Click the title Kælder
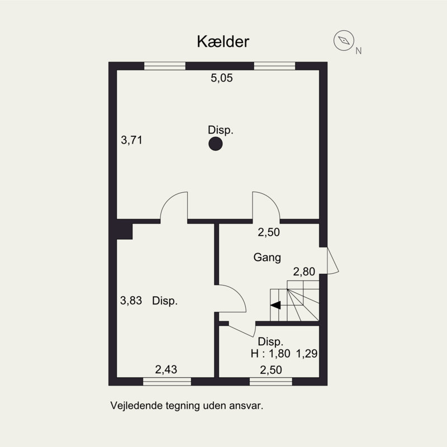(222, 41)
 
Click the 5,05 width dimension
(221, 79)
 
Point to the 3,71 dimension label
(132, 141)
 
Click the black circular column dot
(215, 145)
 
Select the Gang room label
(267, 258)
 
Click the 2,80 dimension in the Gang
(305, 272)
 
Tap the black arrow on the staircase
(275, 305)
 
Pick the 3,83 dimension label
(132, 301)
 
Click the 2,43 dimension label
(166, 369)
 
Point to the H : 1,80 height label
(270, 353)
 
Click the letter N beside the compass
(358, 51)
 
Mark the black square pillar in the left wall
(124, 231)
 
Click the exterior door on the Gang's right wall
(331, 260)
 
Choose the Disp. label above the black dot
(221, 130)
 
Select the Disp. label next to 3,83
(165, 301)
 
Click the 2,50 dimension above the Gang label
(268, 232)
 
